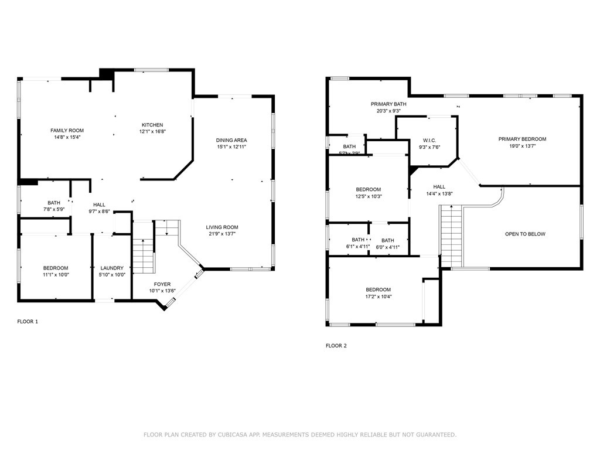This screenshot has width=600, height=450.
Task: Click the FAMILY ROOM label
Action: pos(67,131)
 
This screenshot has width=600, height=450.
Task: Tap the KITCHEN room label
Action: pos(152,125)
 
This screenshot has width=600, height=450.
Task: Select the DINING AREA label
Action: pos(231,140)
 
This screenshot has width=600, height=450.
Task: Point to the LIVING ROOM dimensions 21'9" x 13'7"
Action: pos(222,234)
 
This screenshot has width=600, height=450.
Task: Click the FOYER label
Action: pos(162,284)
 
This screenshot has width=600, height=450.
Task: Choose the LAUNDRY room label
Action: pos(112,268)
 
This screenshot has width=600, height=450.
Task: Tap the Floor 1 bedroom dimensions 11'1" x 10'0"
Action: pos(56,275)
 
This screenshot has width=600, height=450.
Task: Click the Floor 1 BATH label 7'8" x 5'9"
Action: pos(54,203)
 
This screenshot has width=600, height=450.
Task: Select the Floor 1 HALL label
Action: pos(99,204)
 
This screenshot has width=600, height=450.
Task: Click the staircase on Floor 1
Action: pos(143,255)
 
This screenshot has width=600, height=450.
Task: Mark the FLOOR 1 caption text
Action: pos(28,322)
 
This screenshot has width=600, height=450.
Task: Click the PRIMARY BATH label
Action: pos(388,104)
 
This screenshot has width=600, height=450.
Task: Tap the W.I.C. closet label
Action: pos(429,141)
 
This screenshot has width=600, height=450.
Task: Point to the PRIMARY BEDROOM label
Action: pos(522,139)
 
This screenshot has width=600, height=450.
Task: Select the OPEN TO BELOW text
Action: pos(525,234)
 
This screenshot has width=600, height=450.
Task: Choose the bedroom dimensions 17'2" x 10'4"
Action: pos(378,296)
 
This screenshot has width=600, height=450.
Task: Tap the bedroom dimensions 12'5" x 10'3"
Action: pos(369,196)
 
